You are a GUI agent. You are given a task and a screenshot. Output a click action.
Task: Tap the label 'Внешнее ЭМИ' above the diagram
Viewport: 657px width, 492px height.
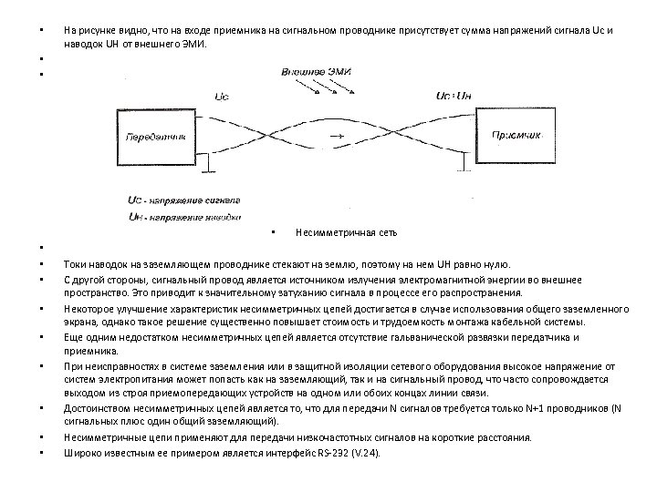318,71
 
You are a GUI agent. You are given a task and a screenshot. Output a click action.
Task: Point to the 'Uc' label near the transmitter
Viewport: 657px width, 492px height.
222,94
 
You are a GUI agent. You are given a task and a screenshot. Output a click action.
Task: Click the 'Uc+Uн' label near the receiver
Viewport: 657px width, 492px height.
453,94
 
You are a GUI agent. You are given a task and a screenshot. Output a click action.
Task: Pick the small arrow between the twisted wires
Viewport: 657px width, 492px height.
336,137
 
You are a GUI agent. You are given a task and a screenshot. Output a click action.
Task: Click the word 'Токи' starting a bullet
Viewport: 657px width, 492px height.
74,263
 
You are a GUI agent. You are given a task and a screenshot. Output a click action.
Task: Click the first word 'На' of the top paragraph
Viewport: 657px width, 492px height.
69,30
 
